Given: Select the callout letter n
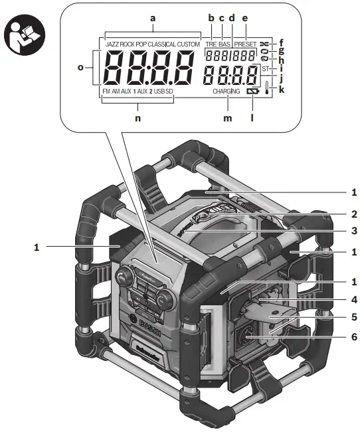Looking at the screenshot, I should click(x=137, y=119).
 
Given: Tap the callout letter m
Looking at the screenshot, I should click(x=227, y=119).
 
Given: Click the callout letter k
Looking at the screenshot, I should click(x=282, y=88).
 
